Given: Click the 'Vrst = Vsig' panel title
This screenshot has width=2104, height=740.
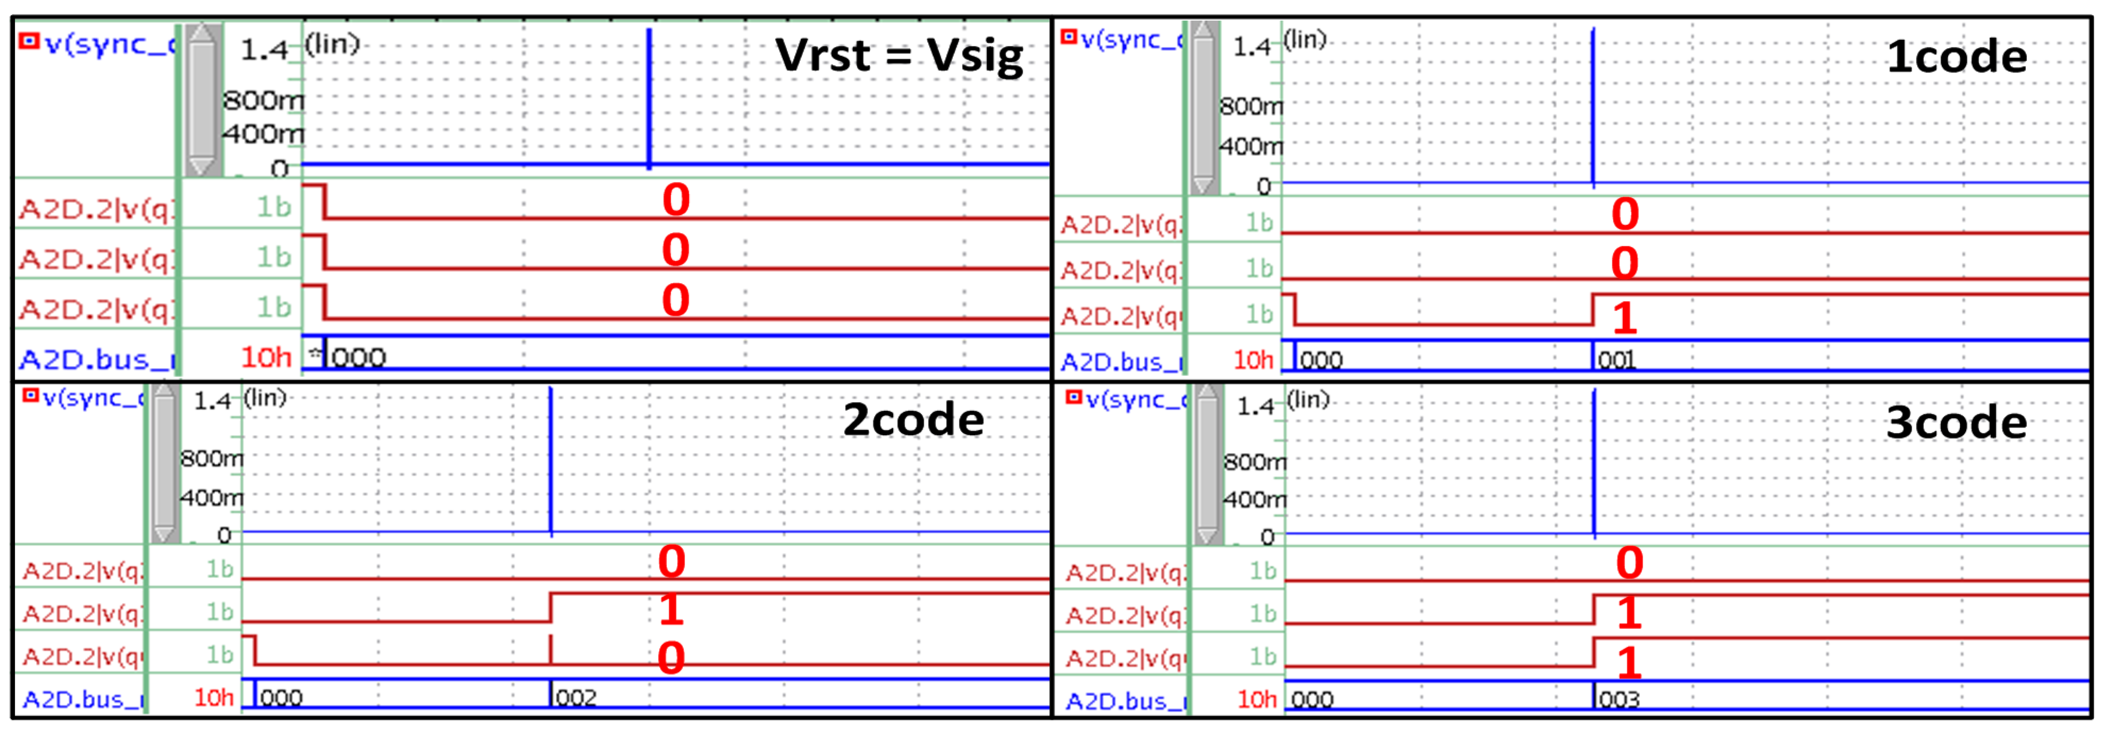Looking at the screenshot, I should (898, 56).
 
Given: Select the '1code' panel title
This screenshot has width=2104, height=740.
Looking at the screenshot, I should (1956, 57).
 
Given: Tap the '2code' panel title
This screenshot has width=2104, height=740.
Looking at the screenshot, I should (913, 420).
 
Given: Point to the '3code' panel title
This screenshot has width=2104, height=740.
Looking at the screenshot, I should (1956, 423).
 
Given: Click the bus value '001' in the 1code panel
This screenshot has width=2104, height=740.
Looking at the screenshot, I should (1617, 360).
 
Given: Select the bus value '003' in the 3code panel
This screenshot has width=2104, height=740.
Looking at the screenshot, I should (1619, 699).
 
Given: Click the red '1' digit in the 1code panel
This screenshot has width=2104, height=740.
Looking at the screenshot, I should (1625, 318).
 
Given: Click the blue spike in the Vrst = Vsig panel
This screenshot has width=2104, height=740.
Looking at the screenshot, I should (650, 98).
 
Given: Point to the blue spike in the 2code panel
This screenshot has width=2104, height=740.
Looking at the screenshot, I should (551, 461).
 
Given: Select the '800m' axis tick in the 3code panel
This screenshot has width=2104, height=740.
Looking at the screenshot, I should (1255, 463).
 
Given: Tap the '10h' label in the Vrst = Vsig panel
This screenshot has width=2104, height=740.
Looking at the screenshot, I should (266, 357).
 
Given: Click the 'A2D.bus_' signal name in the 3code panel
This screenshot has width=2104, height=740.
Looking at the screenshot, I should (1125, 701).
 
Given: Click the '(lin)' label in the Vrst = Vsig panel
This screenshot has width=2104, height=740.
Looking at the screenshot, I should (332, 43).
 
